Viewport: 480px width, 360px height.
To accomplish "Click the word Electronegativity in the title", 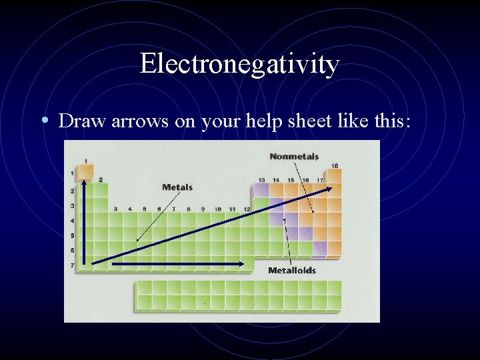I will coord(240,65).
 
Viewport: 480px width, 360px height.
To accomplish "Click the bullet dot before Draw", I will coord(44,121).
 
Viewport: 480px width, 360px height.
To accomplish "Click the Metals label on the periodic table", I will coord(177,187).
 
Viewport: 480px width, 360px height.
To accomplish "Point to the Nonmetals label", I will coord(294,157).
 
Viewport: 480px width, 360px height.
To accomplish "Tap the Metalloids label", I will coord(292,271).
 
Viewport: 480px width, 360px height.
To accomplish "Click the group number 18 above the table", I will coord(335,165).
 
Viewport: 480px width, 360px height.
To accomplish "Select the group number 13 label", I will coord(262,180).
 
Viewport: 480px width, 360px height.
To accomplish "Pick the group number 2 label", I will coord(101,179).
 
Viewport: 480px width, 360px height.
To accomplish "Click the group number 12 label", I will coord(247,209).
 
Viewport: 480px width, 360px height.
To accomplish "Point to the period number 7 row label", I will coord(72,265).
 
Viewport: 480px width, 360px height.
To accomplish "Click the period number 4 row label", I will coord(72,221).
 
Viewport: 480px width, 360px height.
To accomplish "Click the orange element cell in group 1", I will coord(85,173).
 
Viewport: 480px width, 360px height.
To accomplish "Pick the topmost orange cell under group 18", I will coord(335,176).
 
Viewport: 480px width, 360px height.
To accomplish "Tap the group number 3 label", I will coord(115,209).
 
